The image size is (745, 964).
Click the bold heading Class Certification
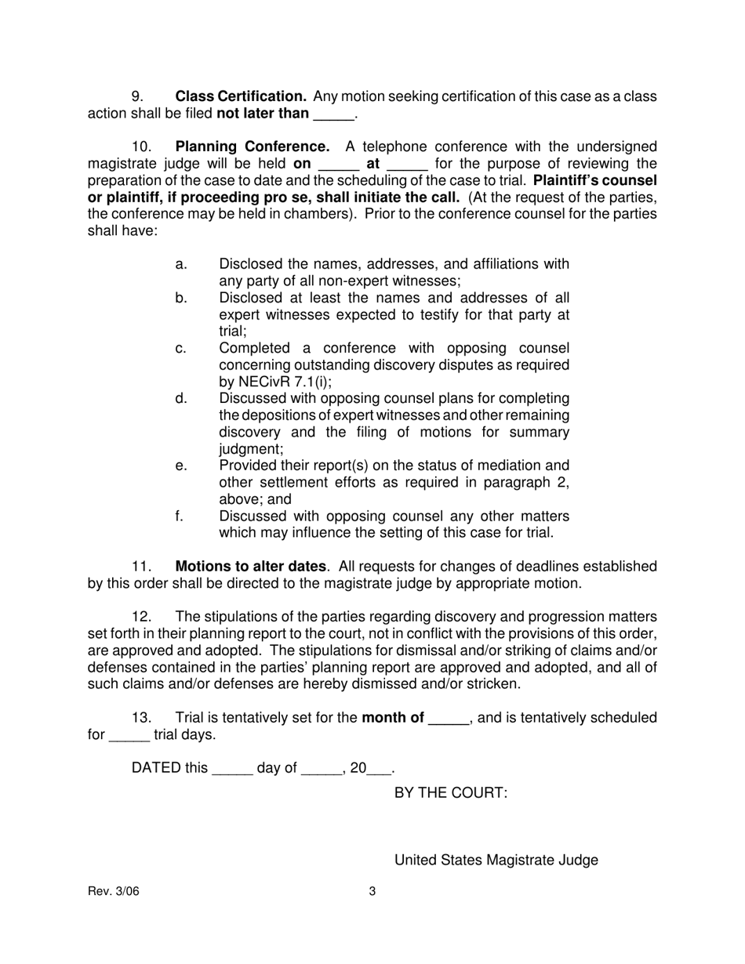[x=241, y=96]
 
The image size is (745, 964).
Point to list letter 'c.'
[x=181, y=348]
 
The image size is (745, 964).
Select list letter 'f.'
[x=180, y=516]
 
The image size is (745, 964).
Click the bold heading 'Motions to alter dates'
[x=250, y=566]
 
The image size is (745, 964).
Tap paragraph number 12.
[x=141, y=617]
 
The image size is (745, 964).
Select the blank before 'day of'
[x=232, y=770]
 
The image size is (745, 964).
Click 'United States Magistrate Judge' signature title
[x=496, y=860]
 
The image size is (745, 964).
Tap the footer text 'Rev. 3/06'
[x=113, y=891]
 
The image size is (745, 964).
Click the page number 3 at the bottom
[x=372, y=891]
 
